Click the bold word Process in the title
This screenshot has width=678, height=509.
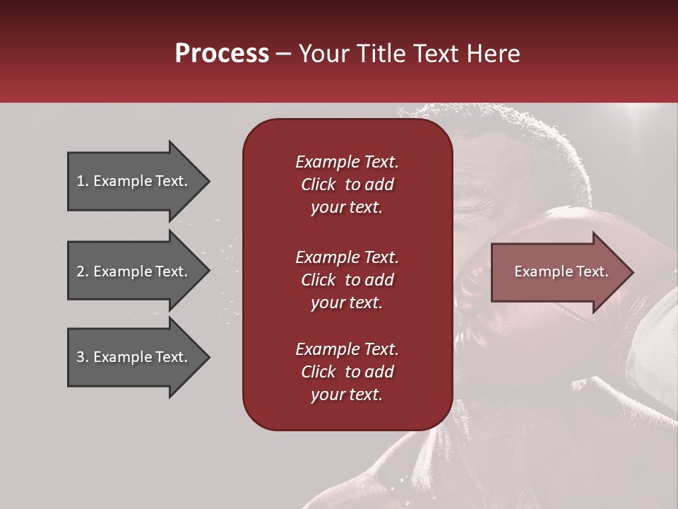point(222,54)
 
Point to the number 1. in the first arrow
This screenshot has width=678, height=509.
point(83,181)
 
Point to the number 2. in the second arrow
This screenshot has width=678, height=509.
point(83,271)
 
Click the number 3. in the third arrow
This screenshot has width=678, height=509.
point(83,357)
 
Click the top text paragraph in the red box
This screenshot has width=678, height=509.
point(347,185)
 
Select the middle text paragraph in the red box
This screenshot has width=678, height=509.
point(347,280)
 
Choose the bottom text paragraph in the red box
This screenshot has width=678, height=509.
point(347,372)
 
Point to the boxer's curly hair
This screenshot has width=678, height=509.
point(494,134)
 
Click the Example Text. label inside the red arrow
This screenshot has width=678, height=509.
point(561,271)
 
